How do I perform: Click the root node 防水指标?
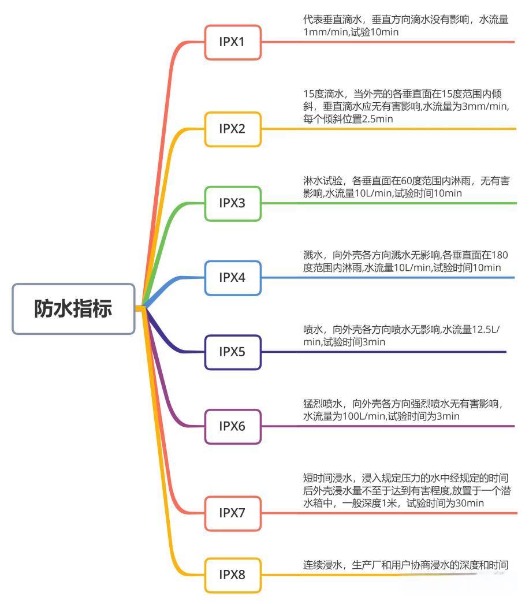(x=73, y=309)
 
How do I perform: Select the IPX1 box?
(x=232, y=42)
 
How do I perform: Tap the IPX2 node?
(x=232, y=129)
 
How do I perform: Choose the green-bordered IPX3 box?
(x=232, y=203)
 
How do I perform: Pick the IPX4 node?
(x=232, y=278)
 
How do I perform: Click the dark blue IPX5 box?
(x=232, y=352)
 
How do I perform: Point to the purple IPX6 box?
(x=232, y=426)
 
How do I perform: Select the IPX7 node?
(x=232, y=512)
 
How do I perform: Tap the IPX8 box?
(x=232, y=575)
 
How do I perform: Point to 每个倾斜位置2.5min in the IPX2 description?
(x=348, y=119)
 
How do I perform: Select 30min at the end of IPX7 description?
(x=471, y=503)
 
